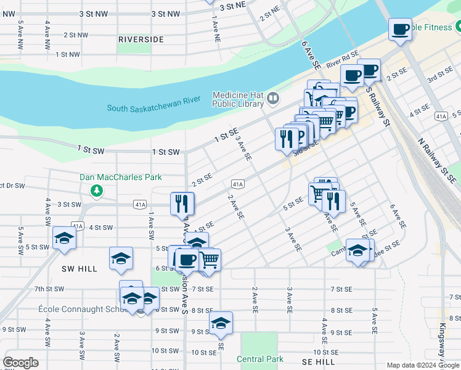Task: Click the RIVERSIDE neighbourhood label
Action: click(141, 39)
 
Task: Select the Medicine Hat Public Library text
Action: click(237, 99)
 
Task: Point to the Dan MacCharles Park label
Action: click(121, 177)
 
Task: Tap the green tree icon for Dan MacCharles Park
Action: click(96, 190)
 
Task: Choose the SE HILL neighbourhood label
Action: click(319, 362)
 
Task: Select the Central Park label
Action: click(260, 359)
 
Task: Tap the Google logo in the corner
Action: click(20, 363)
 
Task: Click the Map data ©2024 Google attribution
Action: click(423, 365)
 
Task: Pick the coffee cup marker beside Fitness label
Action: click(399, 30)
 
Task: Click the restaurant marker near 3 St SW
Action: click(182, 203)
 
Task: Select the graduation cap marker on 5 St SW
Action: click(63, 239)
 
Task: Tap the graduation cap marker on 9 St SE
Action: click(221, 323)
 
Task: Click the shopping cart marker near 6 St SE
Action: click(210, 260)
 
